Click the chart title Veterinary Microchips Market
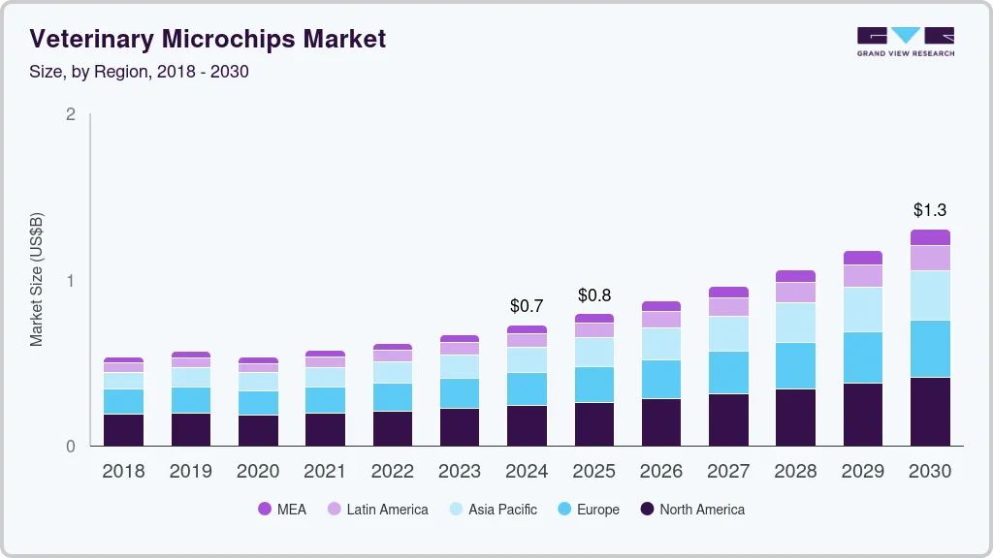point(208,39)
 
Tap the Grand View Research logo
point(905,42)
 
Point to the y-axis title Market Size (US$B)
point(36,280)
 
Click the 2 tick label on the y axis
point(70,114)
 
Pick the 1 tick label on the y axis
point(70,281)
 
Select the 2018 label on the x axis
point(123,472)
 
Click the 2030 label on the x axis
point(930,472)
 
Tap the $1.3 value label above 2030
point(930,210)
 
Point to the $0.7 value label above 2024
point(527,306)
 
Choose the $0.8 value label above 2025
point(593,294)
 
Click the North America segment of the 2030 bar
point(930,412)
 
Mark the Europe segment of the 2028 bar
point(795,365)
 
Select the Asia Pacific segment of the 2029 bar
point(863,309)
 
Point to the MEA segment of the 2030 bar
point(930,237)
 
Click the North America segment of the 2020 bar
point(258,430)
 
